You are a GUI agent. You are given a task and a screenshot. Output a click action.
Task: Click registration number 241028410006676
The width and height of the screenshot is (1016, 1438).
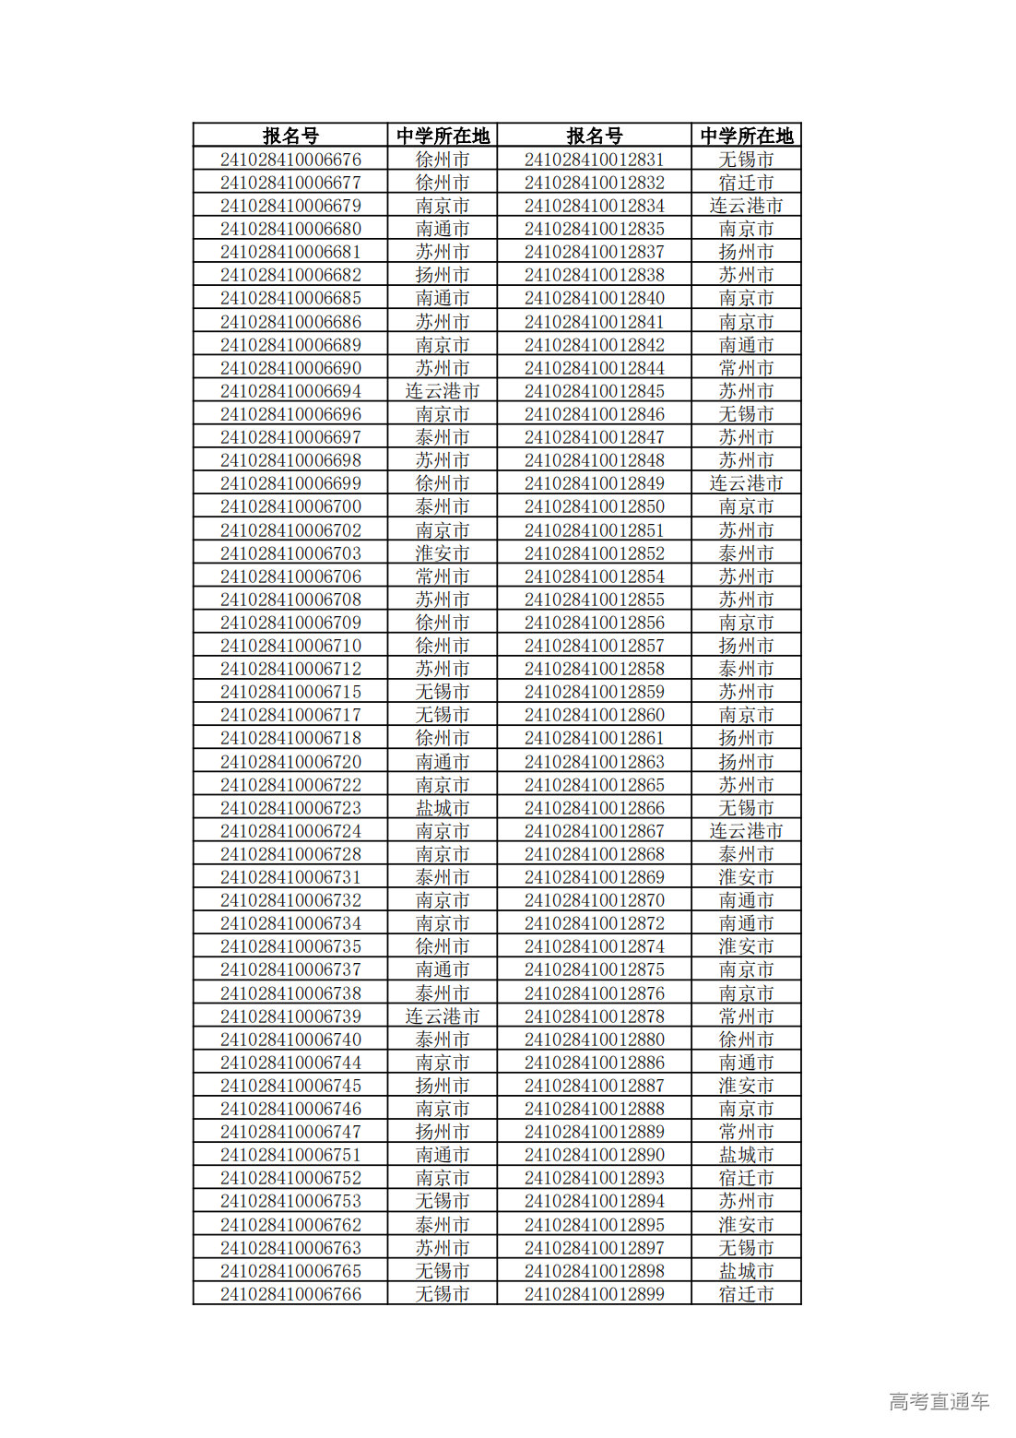tap(290, 160)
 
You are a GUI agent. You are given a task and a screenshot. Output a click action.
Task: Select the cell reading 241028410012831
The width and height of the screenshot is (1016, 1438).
tap(594, 160)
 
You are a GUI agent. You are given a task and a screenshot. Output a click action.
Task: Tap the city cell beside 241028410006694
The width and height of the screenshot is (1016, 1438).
tap(442, 391)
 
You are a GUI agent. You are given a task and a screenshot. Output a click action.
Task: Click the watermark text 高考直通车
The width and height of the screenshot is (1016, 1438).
tap(939, 1401)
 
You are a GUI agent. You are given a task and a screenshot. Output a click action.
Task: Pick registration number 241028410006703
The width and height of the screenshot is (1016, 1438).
tap(290, 553)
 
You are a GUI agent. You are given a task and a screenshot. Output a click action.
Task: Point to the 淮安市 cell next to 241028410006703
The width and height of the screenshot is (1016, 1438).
tap(442, 553)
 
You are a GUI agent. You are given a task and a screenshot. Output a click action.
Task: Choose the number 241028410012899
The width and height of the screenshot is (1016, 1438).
tap(594, 1294)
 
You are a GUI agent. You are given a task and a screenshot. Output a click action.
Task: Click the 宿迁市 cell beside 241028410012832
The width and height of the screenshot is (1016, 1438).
tap(746, 183)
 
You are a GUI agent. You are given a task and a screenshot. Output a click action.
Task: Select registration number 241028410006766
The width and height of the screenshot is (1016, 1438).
tap(290, 1294)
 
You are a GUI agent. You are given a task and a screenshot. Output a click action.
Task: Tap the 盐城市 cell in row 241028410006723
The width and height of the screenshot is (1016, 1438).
tap(442, 808)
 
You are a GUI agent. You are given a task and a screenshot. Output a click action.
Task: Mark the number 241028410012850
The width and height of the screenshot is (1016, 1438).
tap(594, 506)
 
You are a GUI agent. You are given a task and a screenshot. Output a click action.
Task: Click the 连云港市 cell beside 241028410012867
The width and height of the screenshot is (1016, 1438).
tap(746, 831)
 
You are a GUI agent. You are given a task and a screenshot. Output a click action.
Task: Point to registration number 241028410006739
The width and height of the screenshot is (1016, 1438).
tap(290, 1016)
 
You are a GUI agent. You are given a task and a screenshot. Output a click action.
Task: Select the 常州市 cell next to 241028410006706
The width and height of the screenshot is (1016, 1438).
tap(442, 576)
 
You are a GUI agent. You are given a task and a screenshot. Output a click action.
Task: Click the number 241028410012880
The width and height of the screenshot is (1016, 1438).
tap(594, 1040)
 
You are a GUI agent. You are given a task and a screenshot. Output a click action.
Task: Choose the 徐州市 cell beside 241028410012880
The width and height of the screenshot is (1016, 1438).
tap(746, 1040)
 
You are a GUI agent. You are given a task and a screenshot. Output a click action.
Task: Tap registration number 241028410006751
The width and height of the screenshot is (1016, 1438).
tap(290, 1155)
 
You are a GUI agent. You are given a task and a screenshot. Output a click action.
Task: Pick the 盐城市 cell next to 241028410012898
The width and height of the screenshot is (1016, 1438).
tap(746, 1271)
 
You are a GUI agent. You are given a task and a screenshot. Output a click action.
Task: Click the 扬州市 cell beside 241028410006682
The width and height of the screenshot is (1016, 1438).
tap(442, 275)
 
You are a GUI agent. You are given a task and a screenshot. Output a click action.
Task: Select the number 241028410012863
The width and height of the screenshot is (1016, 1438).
tap(594, 762)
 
